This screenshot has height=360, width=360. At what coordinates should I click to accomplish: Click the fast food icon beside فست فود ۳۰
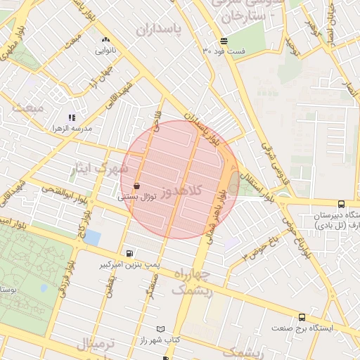224,39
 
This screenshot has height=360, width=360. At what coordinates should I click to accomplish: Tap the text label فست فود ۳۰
224,51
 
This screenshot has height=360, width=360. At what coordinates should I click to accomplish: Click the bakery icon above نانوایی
106,40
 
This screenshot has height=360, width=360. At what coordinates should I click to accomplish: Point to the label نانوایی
106,51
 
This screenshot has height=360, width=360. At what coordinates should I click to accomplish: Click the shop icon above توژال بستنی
136,186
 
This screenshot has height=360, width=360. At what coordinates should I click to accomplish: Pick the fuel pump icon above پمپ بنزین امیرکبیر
129,253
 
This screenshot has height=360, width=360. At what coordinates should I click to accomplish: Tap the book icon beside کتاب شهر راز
161,329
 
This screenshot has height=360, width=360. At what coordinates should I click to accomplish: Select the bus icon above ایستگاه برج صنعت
302,317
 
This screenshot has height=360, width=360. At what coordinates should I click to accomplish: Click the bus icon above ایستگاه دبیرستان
341,204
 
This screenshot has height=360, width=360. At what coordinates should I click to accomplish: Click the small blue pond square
92,237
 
